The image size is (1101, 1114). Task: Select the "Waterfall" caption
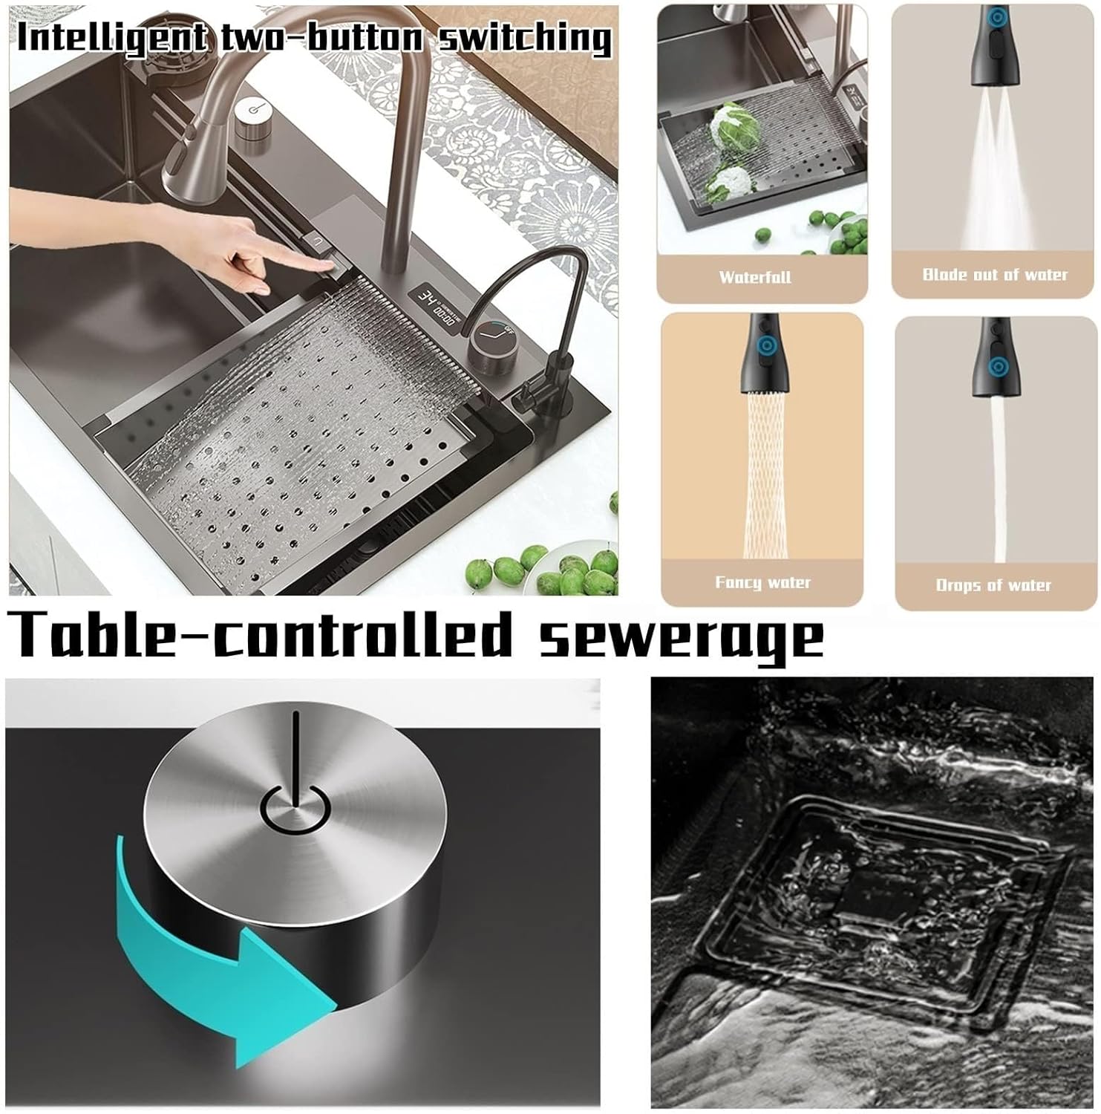tap(754, 277)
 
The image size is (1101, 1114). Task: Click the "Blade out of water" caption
tap(995, 275)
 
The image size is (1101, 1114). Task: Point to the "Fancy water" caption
tap(762, 582)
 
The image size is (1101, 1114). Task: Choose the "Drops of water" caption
tap(993, 585)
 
